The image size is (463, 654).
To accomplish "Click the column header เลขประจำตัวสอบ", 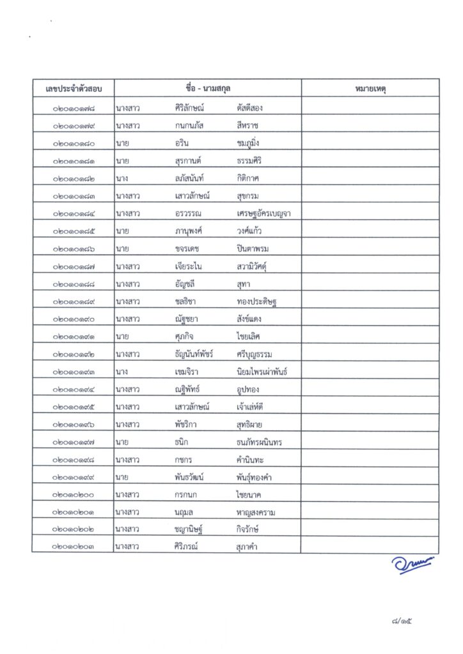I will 74,87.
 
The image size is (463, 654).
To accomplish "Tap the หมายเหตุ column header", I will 370,87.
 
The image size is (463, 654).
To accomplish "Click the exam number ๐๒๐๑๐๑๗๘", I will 74,108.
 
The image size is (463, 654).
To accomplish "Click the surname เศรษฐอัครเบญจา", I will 263,213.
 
